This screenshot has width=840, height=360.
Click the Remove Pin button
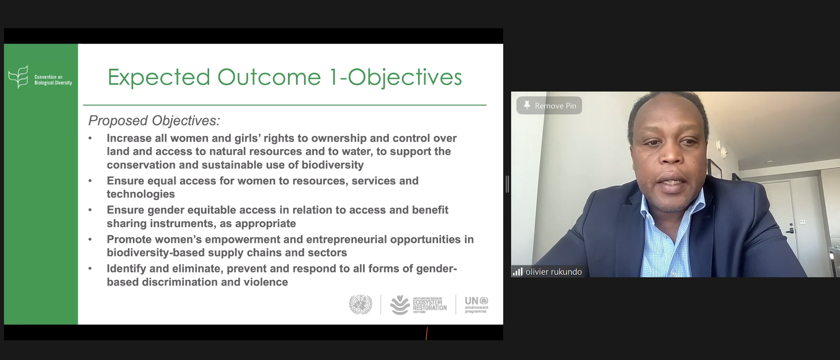(x=549, y=106)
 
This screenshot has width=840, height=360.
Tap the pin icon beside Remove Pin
(x=527, y=105)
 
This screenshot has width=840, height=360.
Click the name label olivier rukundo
(x=553, y=272)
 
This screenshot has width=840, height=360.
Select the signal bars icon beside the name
(x=517, y=272)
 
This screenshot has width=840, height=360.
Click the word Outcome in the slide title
(x=269, y=77)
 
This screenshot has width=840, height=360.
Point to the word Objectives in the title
(x=405, y=77)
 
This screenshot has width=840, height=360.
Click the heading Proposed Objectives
(x=154, y=121)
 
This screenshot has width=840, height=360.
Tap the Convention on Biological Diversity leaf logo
(x=18, y=77)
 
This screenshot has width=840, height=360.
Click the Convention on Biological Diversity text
(x=53, y=80)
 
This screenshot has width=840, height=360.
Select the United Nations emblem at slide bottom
(x=361, y=305)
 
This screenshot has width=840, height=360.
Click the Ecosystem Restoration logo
(x=418, y=305)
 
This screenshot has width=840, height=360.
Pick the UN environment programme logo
(x=476, y=305)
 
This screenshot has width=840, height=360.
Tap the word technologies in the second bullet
(x=140, y=194)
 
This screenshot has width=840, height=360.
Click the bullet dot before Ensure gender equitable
(x=90, y=210)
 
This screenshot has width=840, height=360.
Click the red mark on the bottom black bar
(x=427, y=333)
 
